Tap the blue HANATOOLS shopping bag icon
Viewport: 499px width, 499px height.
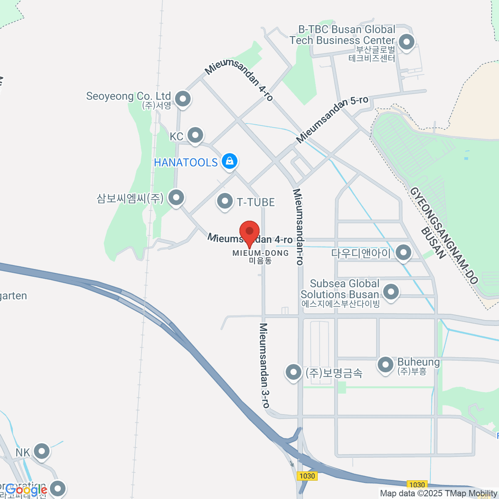pyautogui.click(x=229, y=161)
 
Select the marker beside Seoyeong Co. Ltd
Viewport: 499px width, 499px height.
pyautogui.click(x=183, y=99)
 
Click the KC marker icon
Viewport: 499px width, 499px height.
pyautogui.click(x=195, y=135)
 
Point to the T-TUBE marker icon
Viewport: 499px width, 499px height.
pyautogui.click(x=225, y=201)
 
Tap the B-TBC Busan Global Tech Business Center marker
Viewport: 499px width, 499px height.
pyautogui.click(x=406, y=42)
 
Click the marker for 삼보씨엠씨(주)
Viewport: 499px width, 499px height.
pyautogui.click(x=176, y=197)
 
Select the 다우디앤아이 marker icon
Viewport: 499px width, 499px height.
pyautogui.click(x=403, y=252)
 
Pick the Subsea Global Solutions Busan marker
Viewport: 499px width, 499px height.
pyautogui.click(x=390, y=291)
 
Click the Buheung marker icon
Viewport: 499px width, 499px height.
pyautogui.click(x=385, y=365)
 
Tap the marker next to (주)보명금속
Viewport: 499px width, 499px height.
pyautogui.click(x=293, y=372)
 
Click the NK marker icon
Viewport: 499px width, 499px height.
pyautogui.click(x=42, y=451)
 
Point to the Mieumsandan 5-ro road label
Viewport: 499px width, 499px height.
pyautogui.click(x=332, y=119)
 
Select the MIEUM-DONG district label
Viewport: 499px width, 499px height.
pyautogui.click(x=260, y=253)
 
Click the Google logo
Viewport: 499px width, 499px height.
pyautogui.click(x=26, y=490)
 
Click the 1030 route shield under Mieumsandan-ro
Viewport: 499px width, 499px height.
pyautogui.click(x=307, y=476)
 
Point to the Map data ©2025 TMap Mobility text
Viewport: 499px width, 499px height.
pyautogui.click(x=438, y=494)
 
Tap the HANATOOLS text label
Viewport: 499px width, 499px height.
pyautogui.click(x=186, y=162)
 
